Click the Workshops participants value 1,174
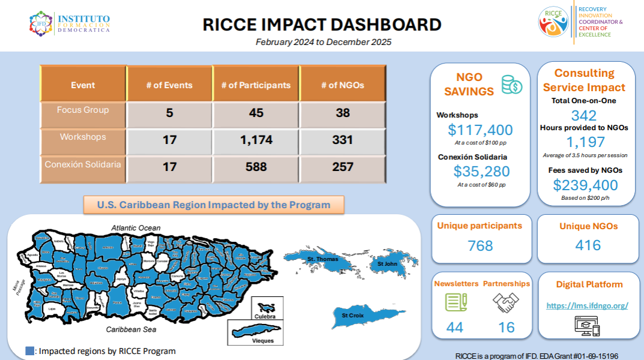[x=256, y=140]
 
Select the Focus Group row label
[x=83, y=110]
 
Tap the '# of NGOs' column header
[x=343, y=85]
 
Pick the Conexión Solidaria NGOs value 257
[x=343, y=167]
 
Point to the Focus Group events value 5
[x=170, y=113]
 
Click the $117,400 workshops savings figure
[x=480, y=130]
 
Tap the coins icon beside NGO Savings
[x=511, y=85]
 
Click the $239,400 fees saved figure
[x=585, y=185]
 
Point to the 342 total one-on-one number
[x=584, y=115]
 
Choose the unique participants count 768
[x=480, y=245]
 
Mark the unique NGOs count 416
[x=588, y=245]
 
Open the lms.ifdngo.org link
[x=587, y=305]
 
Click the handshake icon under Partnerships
[x=506, y=302]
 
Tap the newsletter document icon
[x=455, y=302]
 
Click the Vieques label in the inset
[x=263, y=340]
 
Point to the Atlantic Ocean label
[x=136, y=227]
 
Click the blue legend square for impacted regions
[x=29, y=351]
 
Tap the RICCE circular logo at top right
[x=553, y=22]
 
